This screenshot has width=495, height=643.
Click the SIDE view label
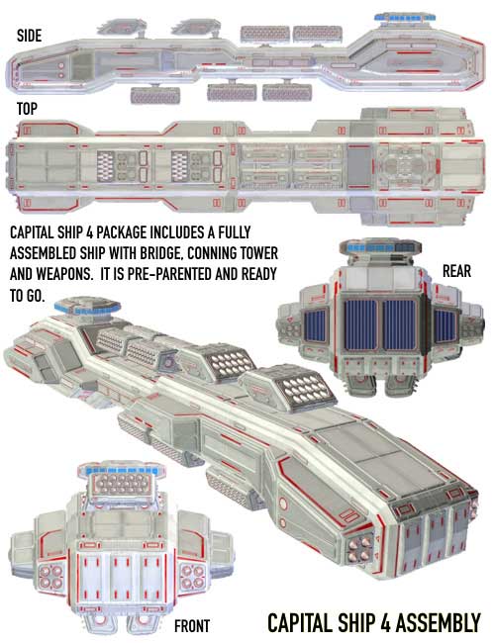[x=29, y=36]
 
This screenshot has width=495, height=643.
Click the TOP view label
[x=27, y=109]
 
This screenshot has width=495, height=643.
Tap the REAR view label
[x=456, y=271]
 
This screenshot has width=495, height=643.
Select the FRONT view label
[x=192, y=626]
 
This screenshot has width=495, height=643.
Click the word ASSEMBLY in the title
[x=438, y=623]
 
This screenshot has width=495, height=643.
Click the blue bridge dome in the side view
[x=405, y=18]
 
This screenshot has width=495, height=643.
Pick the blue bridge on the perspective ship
[x=87, y=307]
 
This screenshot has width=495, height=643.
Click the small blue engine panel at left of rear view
[x=315, y=325]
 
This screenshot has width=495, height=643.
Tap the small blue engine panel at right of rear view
[x=445, y=326]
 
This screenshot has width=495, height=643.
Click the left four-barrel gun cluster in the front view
[x=51, y=576]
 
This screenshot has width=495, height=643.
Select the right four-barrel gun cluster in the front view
[x=192, y=576]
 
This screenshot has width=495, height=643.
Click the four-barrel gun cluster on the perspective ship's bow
[x=360, y=549]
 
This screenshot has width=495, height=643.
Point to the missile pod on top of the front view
[x=122, y=485]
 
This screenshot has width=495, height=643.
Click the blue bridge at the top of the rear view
[x=380, y=247]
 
